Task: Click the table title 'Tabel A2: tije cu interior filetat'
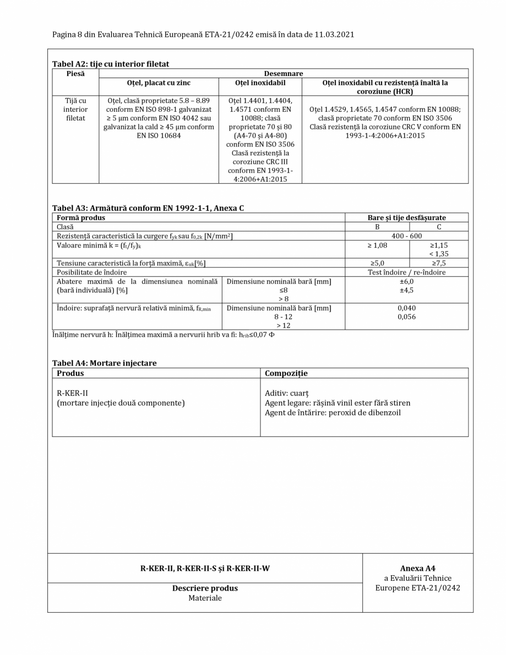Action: click(111, 64)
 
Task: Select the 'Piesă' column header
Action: click(75, 73)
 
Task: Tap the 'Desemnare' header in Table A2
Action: click(284, 73)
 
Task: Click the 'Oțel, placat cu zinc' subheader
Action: click(159, 83)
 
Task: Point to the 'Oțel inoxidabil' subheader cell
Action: click(260, 83)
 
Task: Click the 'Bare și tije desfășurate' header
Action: click(406, 217)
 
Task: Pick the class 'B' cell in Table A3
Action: click(377, 227)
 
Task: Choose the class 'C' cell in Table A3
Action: click(439, 227)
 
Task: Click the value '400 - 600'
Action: click(406, 236)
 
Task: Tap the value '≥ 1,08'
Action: click(377, 245)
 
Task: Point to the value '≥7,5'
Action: click(439, 263)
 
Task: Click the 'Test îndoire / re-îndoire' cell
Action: click(406, 272)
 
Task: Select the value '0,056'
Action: click(406, 317)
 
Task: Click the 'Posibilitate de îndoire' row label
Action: click(91, 272)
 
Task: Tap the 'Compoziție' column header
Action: click(286, 373)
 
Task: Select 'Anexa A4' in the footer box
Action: click(417, 569)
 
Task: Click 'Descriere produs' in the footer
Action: click(205, 588)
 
